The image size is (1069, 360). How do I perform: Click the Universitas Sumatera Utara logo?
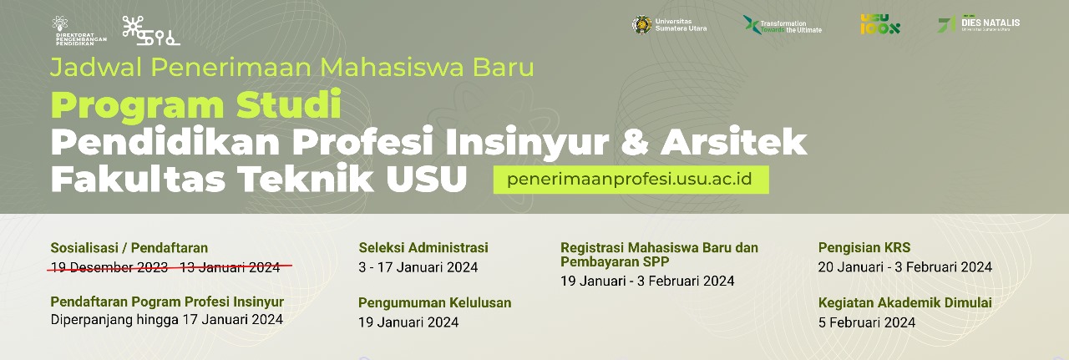[669, 25]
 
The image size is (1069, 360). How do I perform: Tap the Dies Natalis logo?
[978, 24]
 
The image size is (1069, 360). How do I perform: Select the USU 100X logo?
[880, 24]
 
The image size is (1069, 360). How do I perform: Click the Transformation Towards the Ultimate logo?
[782, 25]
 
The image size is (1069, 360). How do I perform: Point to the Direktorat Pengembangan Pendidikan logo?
[79, 31]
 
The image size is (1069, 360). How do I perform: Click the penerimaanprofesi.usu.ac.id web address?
[631, 180]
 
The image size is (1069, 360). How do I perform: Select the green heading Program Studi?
[195, 106]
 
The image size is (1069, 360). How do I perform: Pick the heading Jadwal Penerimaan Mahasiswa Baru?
[291, 66]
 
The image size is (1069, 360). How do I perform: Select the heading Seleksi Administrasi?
[423, 247]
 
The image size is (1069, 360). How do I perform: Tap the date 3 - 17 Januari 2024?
[418, 267]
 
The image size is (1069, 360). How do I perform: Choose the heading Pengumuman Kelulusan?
[434, 302]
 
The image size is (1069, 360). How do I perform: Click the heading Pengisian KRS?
[864, 247]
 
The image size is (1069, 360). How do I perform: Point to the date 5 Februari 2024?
[867, 322]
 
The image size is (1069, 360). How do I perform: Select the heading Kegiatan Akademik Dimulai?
[905, 302]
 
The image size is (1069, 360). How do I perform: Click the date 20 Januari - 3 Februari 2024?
[905, 267]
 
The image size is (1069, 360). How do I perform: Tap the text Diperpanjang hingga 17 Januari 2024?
[166, 319]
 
